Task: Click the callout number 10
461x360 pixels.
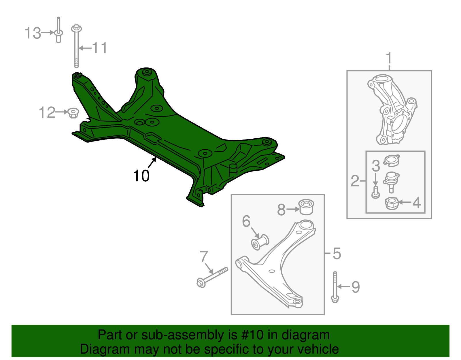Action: pyautogui.click(x=141, y=176)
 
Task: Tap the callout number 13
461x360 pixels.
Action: pyautogui.click(x=33, y=33)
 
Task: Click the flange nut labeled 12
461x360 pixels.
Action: pyautogui.click(x=73, y=113)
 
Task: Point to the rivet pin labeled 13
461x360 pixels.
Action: pyautogui.click(x=58, y=32)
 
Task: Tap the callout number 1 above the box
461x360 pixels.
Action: pyautogui.click(x=389, y=58)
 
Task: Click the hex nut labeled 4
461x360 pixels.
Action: pyautogui.click(x=392, y=203)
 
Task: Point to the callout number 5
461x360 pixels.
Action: pyautogui.click(x=337, y=254)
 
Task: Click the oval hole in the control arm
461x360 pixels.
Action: pyautogui.click(x=271, y=271)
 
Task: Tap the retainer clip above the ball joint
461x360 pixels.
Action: pyautogui.click(x=392, y=161)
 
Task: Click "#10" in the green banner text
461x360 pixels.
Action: pyautogui.click(x=250, y=335)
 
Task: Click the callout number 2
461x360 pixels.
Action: pyautogui.click(x=355, y=181)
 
